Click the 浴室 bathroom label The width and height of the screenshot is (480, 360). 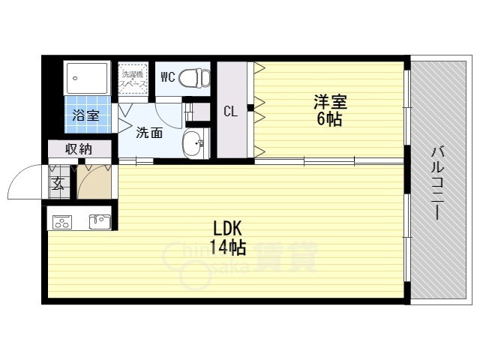tap(86, 115)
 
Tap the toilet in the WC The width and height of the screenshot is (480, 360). tap(197, 77)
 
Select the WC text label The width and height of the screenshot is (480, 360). tap(169, 76)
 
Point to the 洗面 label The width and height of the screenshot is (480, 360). tap(148, 133)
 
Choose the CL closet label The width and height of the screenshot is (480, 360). tap(231, 111)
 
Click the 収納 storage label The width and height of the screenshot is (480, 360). tap(78, 148)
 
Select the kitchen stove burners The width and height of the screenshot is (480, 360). tap(61, 221)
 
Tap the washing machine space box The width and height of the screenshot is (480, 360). tap(133, 78)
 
